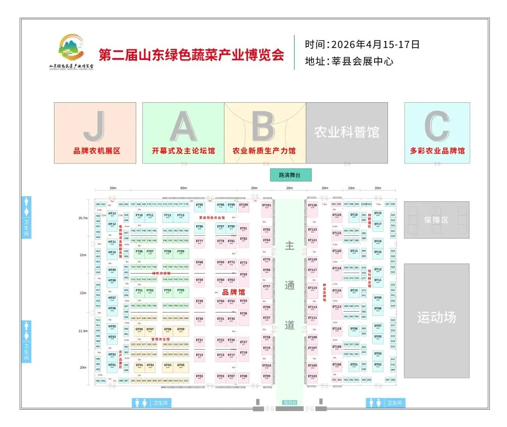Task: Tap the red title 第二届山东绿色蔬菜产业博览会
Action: [x=192, y=55]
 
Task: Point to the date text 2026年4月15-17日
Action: [x=375, y=45]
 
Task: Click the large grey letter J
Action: [x=95, y=126]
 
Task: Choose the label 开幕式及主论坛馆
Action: [x=183, y=151]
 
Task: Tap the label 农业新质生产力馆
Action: [x=264, y=151]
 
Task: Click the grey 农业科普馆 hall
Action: [x=347, y=132]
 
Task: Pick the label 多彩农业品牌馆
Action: [x=437, y=151]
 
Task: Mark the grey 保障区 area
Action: [x=436, y=220]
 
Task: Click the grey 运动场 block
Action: [x=437, y=318]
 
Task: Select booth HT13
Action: [x=112, y=214]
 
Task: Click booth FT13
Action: [x=181, y=216]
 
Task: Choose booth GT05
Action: [x=181, y=366]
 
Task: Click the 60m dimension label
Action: [x=183, y=188]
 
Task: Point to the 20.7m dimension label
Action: [x=83, y=218]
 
